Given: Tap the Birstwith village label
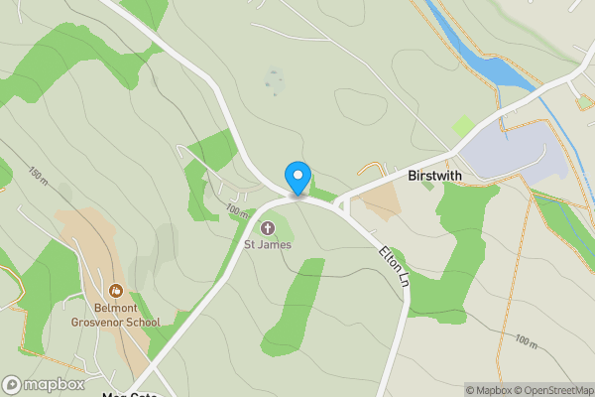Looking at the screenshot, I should [x=435, y=175].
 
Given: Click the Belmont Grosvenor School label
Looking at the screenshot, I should [x=116, y=315].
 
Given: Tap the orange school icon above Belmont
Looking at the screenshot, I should [x=116, y=292].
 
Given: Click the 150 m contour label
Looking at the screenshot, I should [x=39, y=176].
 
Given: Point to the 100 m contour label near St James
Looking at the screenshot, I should [x=236, y=210].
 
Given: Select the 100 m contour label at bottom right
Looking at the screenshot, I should [x=526, y=342].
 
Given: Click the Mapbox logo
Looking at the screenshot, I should [x=43, y=384].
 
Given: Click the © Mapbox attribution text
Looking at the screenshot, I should [x=488, y=390].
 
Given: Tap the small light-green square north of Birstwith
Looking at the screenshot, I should [x=462, y=126].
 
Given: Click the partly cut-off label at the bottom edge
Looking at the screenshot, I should [x=129, y=394].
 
